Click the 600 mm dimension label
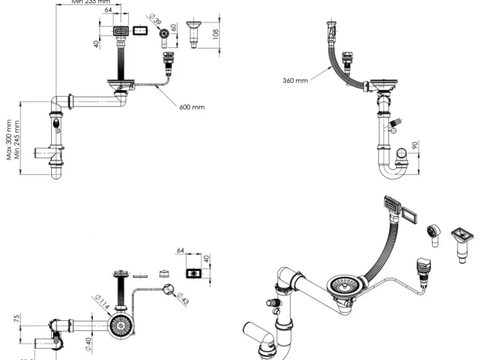click(x=192, y=107)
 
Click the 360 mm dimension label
click(x=295, y=81)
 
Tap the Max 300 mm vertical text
click(x=9, y=140)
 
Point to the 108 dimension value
click(x=215, y=33)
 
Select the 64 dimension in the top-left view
click(x=108, y=11)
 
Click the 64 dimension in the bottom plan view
click(x=181, y=250)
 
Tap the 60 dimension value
click(x=174, y=29)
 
